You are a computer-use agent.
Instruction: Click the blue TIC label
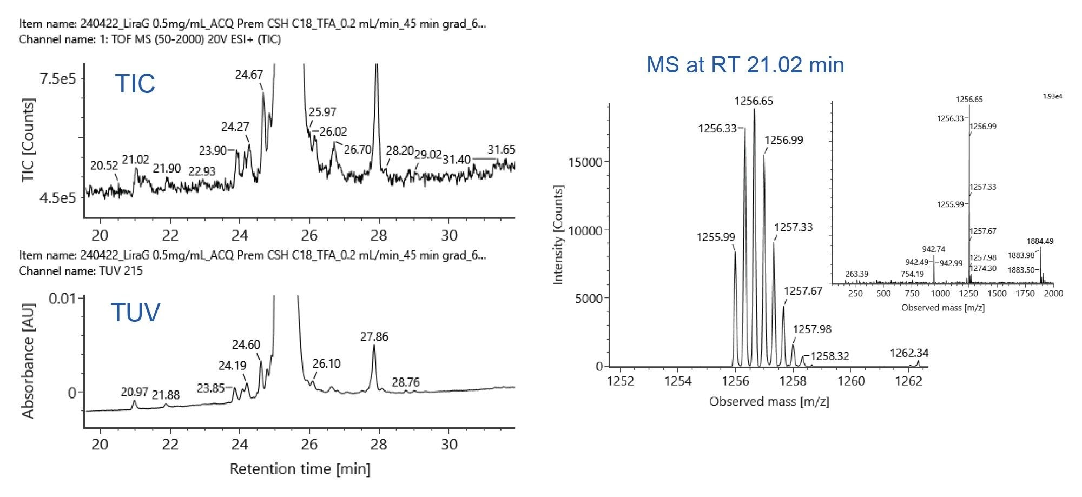coord(135,84)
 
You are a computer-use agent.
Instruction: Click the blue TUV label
coord(135,313)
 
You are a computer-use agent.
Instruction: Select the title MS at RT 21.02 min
coord(745,65)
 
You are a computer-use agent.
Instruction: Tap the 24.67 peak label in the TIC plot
coord(249,75)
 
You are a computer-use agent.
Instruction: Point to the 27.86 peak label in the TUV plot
coord(374,337)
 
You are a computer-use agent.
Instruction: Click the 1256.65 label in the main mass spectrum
coord(754,101)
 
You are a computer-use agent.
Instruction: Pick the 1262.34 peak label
coord(909,353)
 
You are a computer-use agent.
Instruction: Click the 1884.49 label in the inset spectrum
coord(1040,241)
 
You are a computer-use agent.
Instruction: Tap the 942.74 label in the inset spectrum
coord(933,249)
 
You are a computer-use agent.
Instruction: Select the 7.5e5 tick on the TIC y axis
coord(58,79)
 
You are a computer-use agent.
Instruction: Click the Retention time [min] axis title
coord(300,469)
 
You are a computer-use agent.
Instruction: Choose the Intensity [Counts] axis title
coord(558,235)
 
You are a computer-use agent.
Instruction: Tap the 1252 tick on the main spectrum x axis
coord(620,381)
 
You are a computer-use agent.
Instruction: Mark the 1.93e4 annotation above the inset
coord(1052,96)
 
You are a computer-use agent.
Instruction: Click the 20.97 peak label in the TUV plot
coord(135,392)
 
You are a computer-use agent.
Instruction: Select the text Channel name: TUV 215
coord(81,271)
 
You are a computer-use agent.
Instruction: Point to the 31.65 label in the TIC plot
coord(501,150)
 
